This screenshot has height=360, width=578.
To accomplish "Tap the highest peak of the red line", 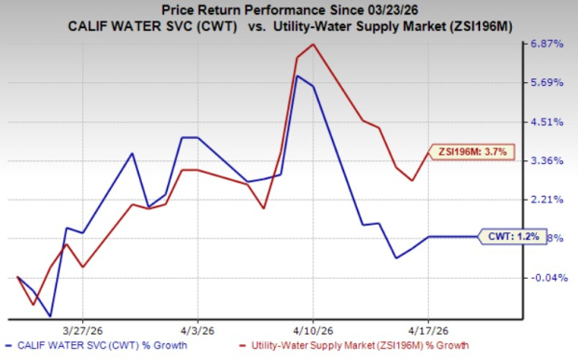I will pyautogui.click(x=312, y=44).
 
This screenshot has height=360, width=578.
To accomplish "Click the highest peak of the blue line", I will pyautogui.click(x=296, y=76).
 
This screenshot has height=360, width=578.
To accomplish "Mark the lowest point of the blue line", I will pyautogui.click(x=50, y=316).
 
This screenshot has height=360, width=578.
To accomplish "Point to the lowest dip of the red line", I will pyautogui.click(x=34, y=305).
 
